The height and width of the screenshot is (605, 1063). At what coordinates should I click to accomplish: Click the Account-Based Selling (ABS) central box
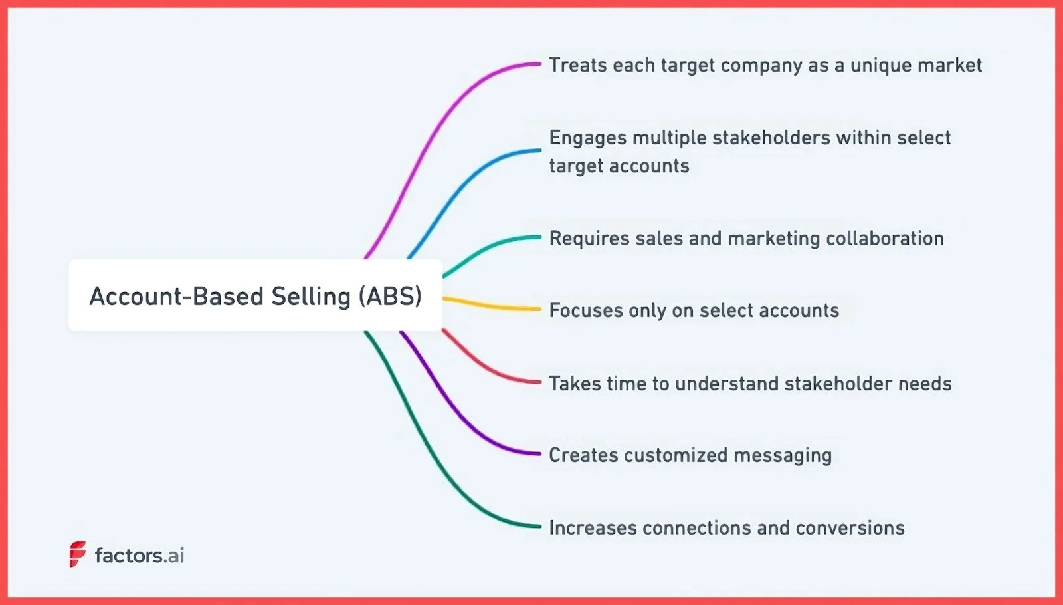pos(255,295)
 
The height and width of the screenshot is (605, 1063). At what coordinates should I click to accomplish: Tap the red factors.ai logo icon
pos(78,554)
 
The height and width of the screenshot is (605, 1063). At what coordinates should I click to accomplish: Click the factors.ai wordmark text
pos(140,555)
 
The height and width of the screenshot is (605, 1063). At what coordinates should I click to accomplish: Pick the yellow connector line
pos(492,306)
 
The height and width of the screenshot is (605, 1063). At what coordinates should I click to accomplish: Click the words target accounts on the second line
pos(619,166)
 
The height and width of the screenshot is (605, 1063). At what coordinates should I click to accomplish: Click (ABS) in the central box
pos(390,296)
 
